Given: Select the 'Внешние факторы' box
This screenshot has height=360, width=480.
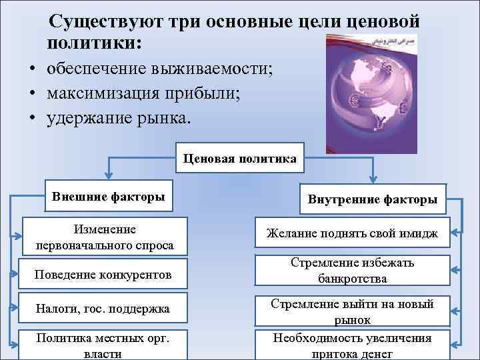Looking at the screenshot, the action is tap(108, 197).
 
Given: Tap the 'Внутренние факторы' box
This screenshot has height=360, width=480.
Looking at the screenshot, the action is tap(372, 199).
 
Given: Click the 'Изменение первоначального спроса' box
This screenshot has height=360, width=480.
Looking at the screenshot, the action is tap(105, 237).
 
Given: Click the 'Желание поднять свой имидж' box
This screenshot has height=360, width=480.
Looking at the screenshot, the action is tap(352, 233).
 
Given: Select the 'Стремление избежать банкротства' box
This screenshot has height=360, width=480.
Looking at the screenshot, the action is tap(352, 270).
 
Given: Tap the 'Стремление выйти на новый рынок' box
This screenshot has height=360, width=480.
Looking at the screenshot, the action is tap(352, 311).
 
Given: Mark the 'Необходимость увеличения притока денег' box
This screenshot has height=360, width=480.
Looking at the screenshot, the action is tap(352, 345).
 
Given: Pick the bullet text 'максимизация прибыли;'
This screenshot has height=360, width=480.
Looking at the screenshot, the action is tap(143, 93).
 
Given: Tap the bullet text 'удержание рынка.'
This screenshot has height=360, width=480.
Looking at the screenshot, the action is tap(118, 118).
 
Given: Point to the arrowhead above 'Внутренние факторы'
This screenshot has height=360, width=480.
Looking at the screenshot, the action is tap(373, 179).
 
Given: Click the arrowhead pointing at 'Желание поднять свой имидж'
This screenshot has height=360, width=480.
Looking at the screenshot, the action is tap(453, 233).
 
